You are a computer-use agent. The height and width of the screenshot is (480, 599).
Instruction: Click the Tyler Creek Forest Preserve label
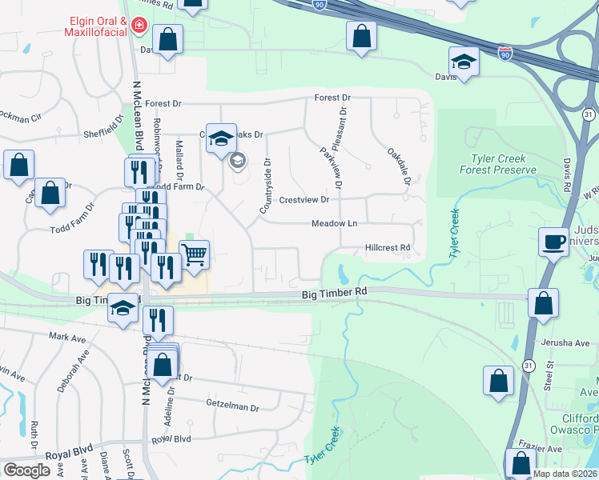point(497,164)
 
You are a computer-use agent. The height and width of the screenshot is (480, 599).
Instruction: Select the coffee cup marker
point(553,242)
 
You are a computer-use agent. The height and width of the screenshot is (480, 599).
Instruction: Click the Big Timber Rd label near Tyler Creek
point(334,294)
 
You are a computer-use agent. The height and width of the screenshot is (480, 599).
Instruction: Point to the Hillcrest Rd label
point(388,248)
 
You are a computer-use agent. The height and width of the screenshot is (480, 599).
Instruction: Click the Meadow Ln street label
point(334,224)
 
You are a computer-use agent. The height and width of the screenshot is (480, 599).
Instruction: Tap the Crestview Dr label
point(304,199)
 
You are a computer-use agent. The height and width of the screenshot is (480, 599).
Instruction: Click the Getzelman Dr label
point(233,407)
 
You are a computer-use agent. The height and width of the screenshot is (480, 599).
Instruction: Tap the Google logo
point(27,470)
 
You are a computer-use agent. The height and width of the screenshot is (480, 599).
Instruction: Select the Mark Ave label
point(67,338)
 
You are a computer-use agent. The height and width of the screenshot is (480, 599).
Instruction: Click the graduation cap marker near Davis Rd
point(464,61)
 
